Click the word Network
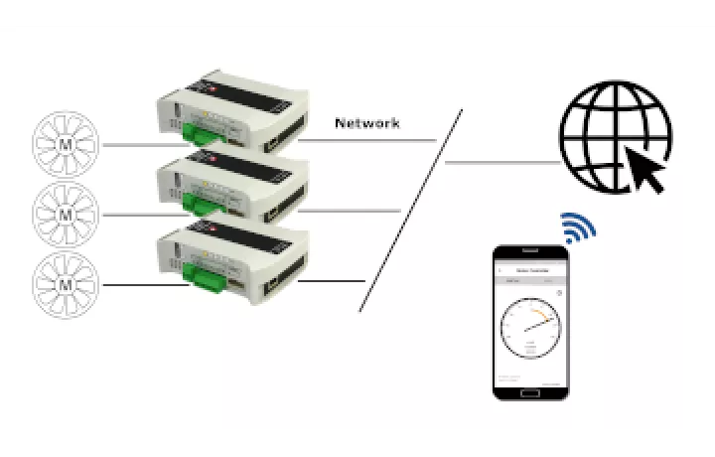point(367,123)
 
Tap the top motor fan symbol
point(67,144)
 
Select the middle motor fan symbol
point(67,214)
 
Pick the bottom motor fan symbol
point(67,284)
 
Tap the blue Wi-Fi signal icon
point(579,228)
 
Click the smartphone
point(531,322)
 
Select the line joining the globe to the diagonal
point(501,162)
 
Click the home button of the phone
point(531,390)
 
